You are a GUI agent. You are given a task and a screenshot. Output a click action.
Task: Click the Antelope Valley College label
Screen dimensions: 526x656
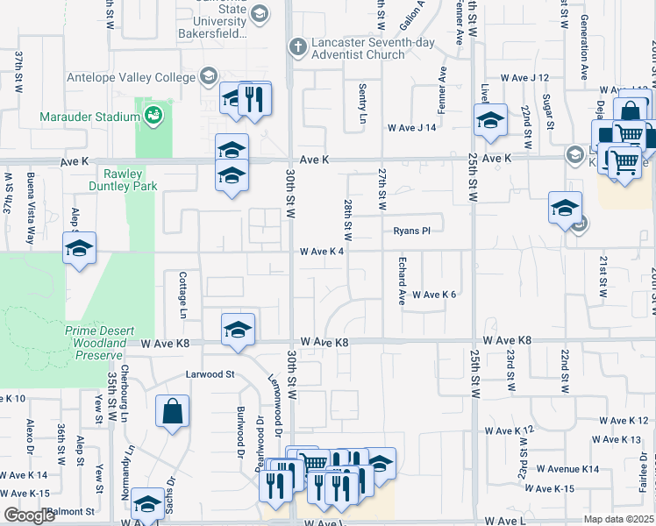131,77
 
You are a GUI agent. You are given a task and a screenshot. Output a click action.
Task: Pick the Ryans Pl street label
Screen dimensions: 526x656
411,231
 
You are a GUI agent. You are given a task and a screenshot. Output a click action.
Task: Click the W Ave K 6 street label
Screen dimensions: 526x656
434,295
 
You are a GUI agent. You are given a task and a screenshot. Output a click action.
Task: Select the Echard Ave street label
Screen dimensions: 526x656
402,281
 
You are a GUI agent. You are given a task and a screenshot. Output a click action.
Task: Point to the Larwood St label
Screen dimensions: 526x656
210,374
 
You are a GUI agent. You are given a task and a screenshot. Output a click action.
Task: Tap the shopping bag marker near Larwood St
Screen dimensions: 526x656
172,410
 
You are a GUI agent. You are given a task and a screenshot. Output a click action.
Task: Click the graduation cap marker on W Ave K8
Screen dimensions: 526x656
237,330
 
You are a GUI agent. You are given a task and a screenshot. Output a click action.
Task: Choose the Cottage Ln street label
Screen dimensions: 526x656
183,294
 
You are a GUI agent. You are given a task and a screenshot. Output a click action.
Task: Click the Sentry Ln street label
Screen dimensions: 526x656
362,103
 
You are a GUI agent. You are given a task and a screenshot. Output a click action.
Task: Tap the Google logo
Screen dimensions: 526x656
30,515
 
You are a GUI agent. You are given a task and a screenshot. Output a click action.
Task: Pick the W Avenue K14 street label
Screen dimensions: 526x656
567,470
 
